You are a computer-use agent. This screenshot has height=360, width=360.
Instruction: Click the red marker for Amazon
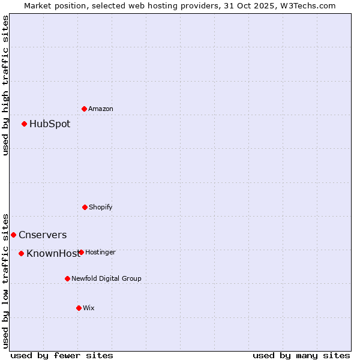84,109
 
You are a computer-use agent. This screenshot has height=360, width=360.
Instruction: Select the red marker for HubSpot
24,124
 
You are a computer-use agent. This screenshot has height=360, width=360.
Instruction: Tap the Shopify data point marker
85,207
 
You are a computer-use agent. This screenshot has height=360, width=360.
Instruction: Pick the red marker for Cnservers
13,235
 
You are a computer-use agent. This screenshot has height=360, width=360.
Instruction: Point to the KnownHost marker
21,253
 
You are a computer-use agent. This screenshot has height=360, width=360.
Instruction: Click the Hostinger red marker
81,252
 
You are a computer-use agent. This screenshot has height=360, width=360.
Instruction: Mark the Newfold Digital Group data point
67,278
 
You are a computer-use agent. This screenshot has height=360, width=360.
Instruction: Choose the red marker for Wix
79,308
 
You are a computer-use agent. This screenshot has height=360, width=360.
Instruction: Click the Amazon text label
101,109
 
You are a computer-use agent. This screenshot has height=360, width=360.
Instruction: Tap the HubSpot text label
50,124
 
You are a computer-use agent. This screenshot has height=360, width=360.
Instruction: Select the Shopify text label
101,207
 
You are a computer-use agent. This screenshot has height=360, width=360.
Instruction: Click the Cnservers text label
43,235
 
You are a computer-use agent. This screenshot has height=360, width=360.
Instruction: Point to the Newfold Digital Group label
107,278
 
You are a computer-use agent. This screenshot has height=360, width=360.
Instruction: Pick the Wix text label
89,308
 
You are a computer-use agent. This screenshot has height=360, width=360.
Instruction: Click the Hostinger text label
101,252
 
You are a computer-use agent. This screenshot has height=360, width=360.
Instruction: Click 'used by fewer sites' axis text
62,355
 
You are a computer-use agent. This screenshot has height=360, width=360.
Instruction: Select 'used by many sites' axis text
301,355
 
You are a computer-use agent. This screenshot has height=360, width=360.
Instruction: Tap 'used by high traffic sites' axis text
5,85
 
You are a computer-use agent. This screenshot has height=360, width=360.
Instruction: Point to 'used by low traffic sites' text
5,281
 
